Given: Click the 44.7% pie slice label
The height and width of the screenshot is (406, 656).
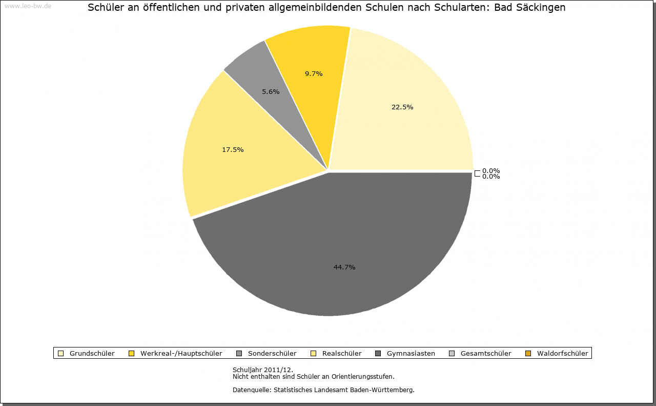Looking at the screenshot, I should point(344,267).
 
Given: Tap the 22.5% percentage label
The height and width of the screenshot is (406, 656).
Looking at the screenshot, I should point(402,107).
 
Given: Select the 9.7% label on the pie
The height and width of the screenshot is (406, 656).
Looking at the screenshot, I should point(314,73).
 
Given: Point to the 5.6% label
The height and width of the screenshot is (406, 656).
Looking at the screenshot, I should point(271,91).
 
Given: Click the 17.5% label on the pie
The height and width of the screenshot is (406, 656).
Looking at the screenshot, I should point(233,149).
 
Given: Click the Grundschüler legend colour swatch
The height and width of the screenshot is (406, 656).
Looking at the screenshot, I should point(60,353).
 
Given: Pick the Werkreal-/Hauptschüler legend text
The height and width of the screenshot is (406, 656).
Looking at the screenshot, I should point(181,353).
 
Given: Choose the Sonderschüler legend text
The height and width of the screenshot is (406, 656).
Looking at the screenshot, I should point(272,353).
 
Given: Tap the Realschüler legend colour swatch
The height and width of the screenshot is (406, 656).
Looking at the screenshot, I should point(313,353).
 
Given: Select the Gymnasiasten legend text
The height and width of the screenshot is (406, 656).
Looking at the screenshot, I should point(411,353).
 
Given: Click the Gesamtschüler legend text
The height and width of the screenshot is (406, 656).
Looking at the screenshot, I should point(486,353).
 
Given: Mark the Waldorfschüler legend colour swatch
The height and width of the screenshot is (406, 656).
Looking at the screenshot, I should point(528,353).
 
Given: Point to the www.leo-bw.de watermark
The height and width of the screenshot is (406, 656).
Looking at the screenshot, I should point(28,6).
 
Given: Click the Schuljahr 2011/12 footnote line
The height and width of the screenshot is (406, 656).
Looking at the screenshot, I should point(263,370).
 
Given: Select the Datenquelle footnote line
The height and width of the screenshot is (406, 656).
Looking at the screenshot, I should point(323,390).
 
